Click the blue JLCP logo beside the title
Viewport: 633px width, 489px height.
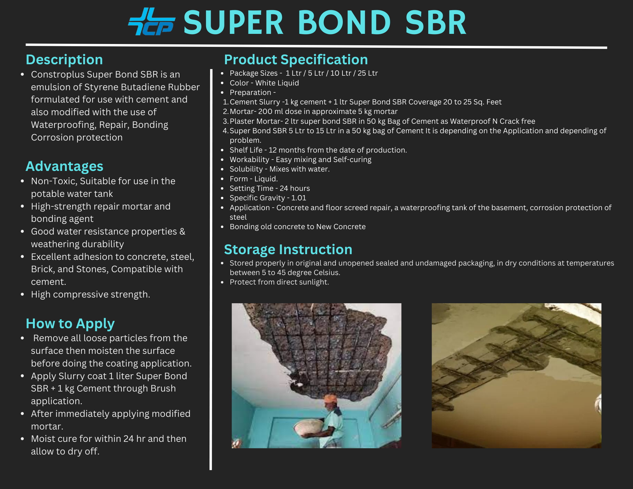[151, 22]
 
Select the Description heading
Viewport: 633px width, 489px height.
[64, 60]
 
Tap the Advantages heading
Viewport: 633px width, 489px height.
[64, 166]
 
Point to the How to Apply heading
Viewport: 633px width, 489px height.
[70, 323]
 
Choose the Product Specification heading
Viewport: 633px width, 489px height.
[296, 60]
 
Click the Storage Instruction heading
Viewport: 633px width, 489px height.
[288, 249]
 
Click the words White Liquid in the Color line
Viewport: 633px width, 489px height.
[277, 83]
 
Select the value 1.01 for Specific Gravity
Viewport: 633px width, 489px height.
[298, 198]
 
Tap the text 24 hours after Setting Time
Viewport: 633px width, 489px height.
[295, 188]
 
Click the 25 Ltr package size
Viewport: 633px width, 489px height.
[368, 73]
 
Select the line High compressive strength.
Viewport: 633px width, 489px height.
[90, 294]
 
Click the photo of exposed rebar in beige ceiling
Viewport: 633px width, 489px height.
[516, 375]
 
